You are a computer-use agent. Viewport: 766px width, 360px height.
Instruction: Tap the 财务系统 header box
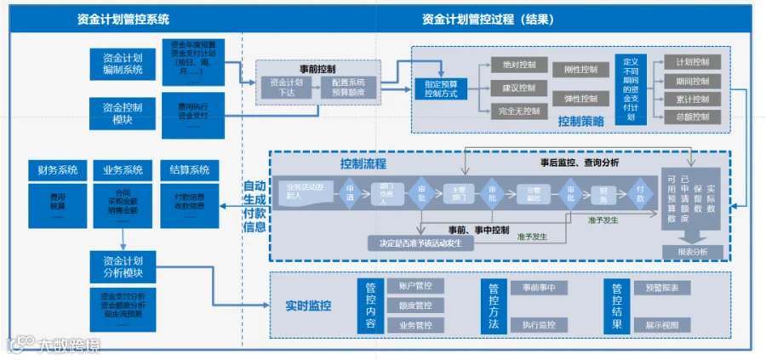pos(57,169)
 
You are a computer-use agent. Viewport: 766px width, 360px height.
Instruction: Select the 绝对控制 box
pos(519,65)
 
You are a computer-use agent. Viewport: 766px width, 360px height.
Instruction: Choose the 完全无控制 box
pos(519,111)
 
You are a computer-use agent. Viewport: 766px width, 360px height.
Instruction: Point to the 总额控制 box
pos(692,117)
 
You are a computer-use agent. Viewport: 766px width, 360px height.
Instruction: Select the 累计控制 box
pos(692,99)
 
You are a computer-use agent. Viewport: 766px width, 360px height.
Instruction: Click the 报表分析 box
pos(692,251)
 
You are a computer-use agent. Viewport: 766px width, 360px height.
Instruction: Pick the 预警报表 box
pos(662,288)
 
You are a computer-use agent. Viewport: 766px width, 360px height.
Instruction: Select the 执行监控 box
pos(539,324)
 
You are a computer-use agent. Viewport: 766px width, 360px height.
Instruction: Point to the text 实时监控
pos(309,306)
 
